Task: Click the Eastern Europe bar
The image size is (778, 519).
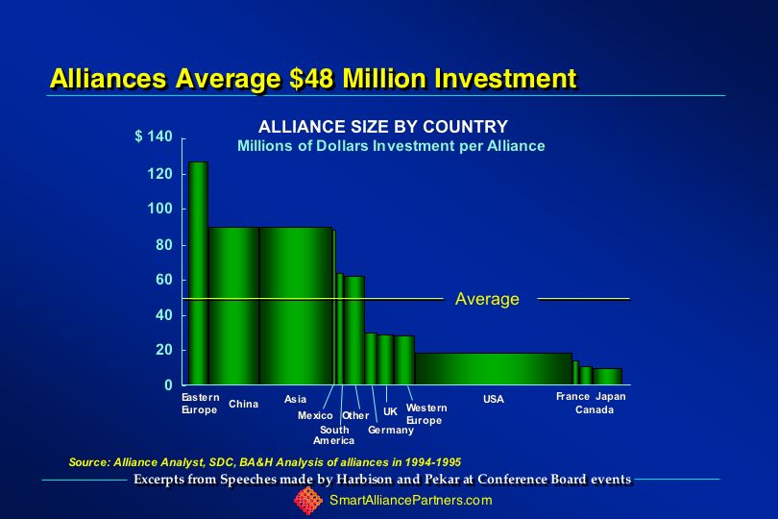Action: tap(198, 274)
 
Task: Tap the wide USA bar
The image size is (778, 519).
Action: tap(493, 369)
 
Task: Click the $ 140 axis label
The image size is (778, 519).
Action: tap(154, 137)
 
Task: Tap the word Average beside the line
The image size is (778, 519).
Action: tap(487, 299)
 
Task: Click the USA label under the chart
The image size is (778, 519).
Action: tap(494, 399)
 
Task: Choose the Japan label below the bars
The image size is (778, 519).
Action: tap(611, 396)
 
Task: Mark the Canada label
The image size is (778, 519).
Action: tap(595, 410)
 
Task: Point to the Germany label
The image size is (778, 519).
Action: tap(391, 430)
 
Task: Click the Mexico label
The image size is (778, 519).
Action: tap(315, 415)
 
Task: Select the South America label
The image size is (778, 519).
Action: tap(334, 434)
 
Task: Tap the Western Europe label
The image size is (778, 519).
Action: tap(426, 414)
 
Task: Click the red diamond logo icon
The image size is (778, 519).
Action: tap(307, 501)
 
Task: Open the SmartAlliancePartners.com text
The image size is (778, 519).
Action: tap(410, 501)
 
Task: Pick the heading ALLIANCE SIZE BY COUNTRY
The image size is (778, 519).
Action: tap(383, 127)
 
